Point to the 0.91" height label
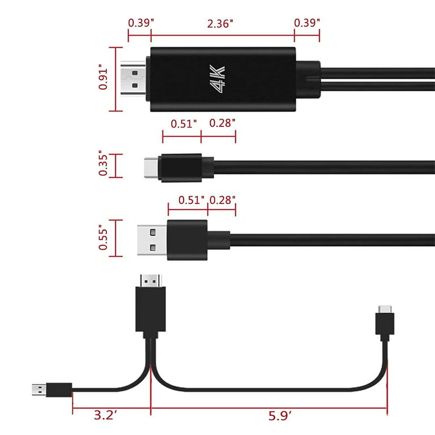[x=103, y=79]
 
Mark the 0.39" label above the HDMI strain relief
[x=307, y=23]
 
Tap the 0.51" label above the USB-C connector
[x=184, y=123]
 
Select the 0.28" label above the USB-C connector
[x=223, y=123]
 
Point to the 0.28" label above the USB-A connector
[x=223, y=201]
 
